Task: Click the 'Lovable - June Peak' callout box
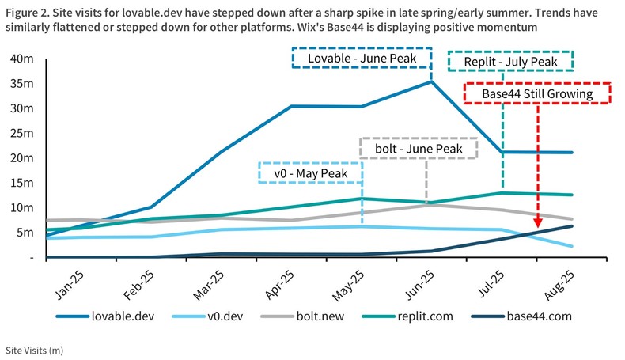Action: (362, 59)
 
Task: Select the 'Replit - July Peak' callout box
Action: (510, 62)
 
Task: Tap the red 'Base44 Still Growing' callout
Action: (538, 93)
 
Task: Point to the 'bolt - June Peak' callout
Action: (419, 148)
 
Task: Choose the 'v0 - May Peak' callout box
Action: (311, 172)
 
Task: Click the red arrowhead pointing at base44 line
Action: (538, 225)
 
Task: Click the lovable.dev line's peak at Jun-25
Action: (431, 81)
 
